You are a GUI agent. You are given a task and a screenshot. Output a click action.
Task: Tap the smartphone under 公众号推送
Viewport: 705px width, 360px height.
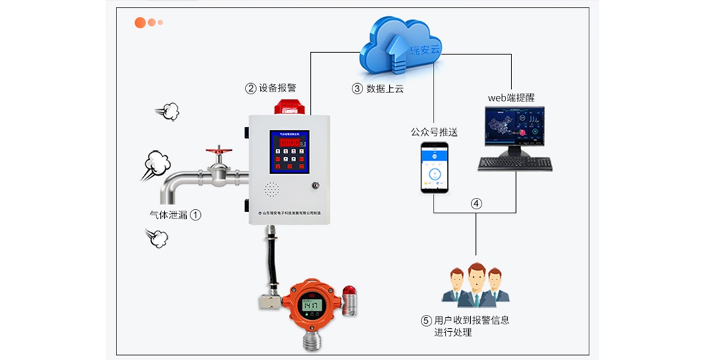(434, 168)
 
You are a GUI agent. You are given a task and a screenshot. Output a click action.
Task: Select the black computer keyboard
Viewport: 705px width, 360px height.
(515, 163)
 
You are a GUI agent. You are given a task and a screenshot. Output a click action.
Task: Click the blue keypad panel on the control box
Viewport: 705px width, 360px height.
(289, 152)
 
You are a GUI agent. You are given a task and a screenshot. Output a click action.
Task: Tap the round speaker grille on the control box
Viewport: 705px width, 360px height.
(271, 190)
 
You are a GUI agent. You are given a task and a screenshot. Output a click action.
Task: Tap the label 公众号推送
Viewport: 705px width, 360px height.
(434, 132)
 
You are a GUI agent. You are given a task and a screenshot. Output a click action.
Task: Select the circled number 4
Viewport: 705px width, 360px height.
(477, 204)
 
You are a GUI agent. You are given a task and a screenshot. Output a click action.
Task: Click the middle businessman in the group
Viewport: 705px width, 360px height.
(477, 285)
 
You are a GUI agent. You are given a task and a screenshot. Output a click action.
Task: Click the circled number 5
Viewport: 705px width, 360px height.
(426, 320)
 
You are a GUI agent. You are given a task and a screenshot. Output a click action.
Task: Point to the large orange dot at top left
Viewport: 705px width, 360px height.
(140, 23)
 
